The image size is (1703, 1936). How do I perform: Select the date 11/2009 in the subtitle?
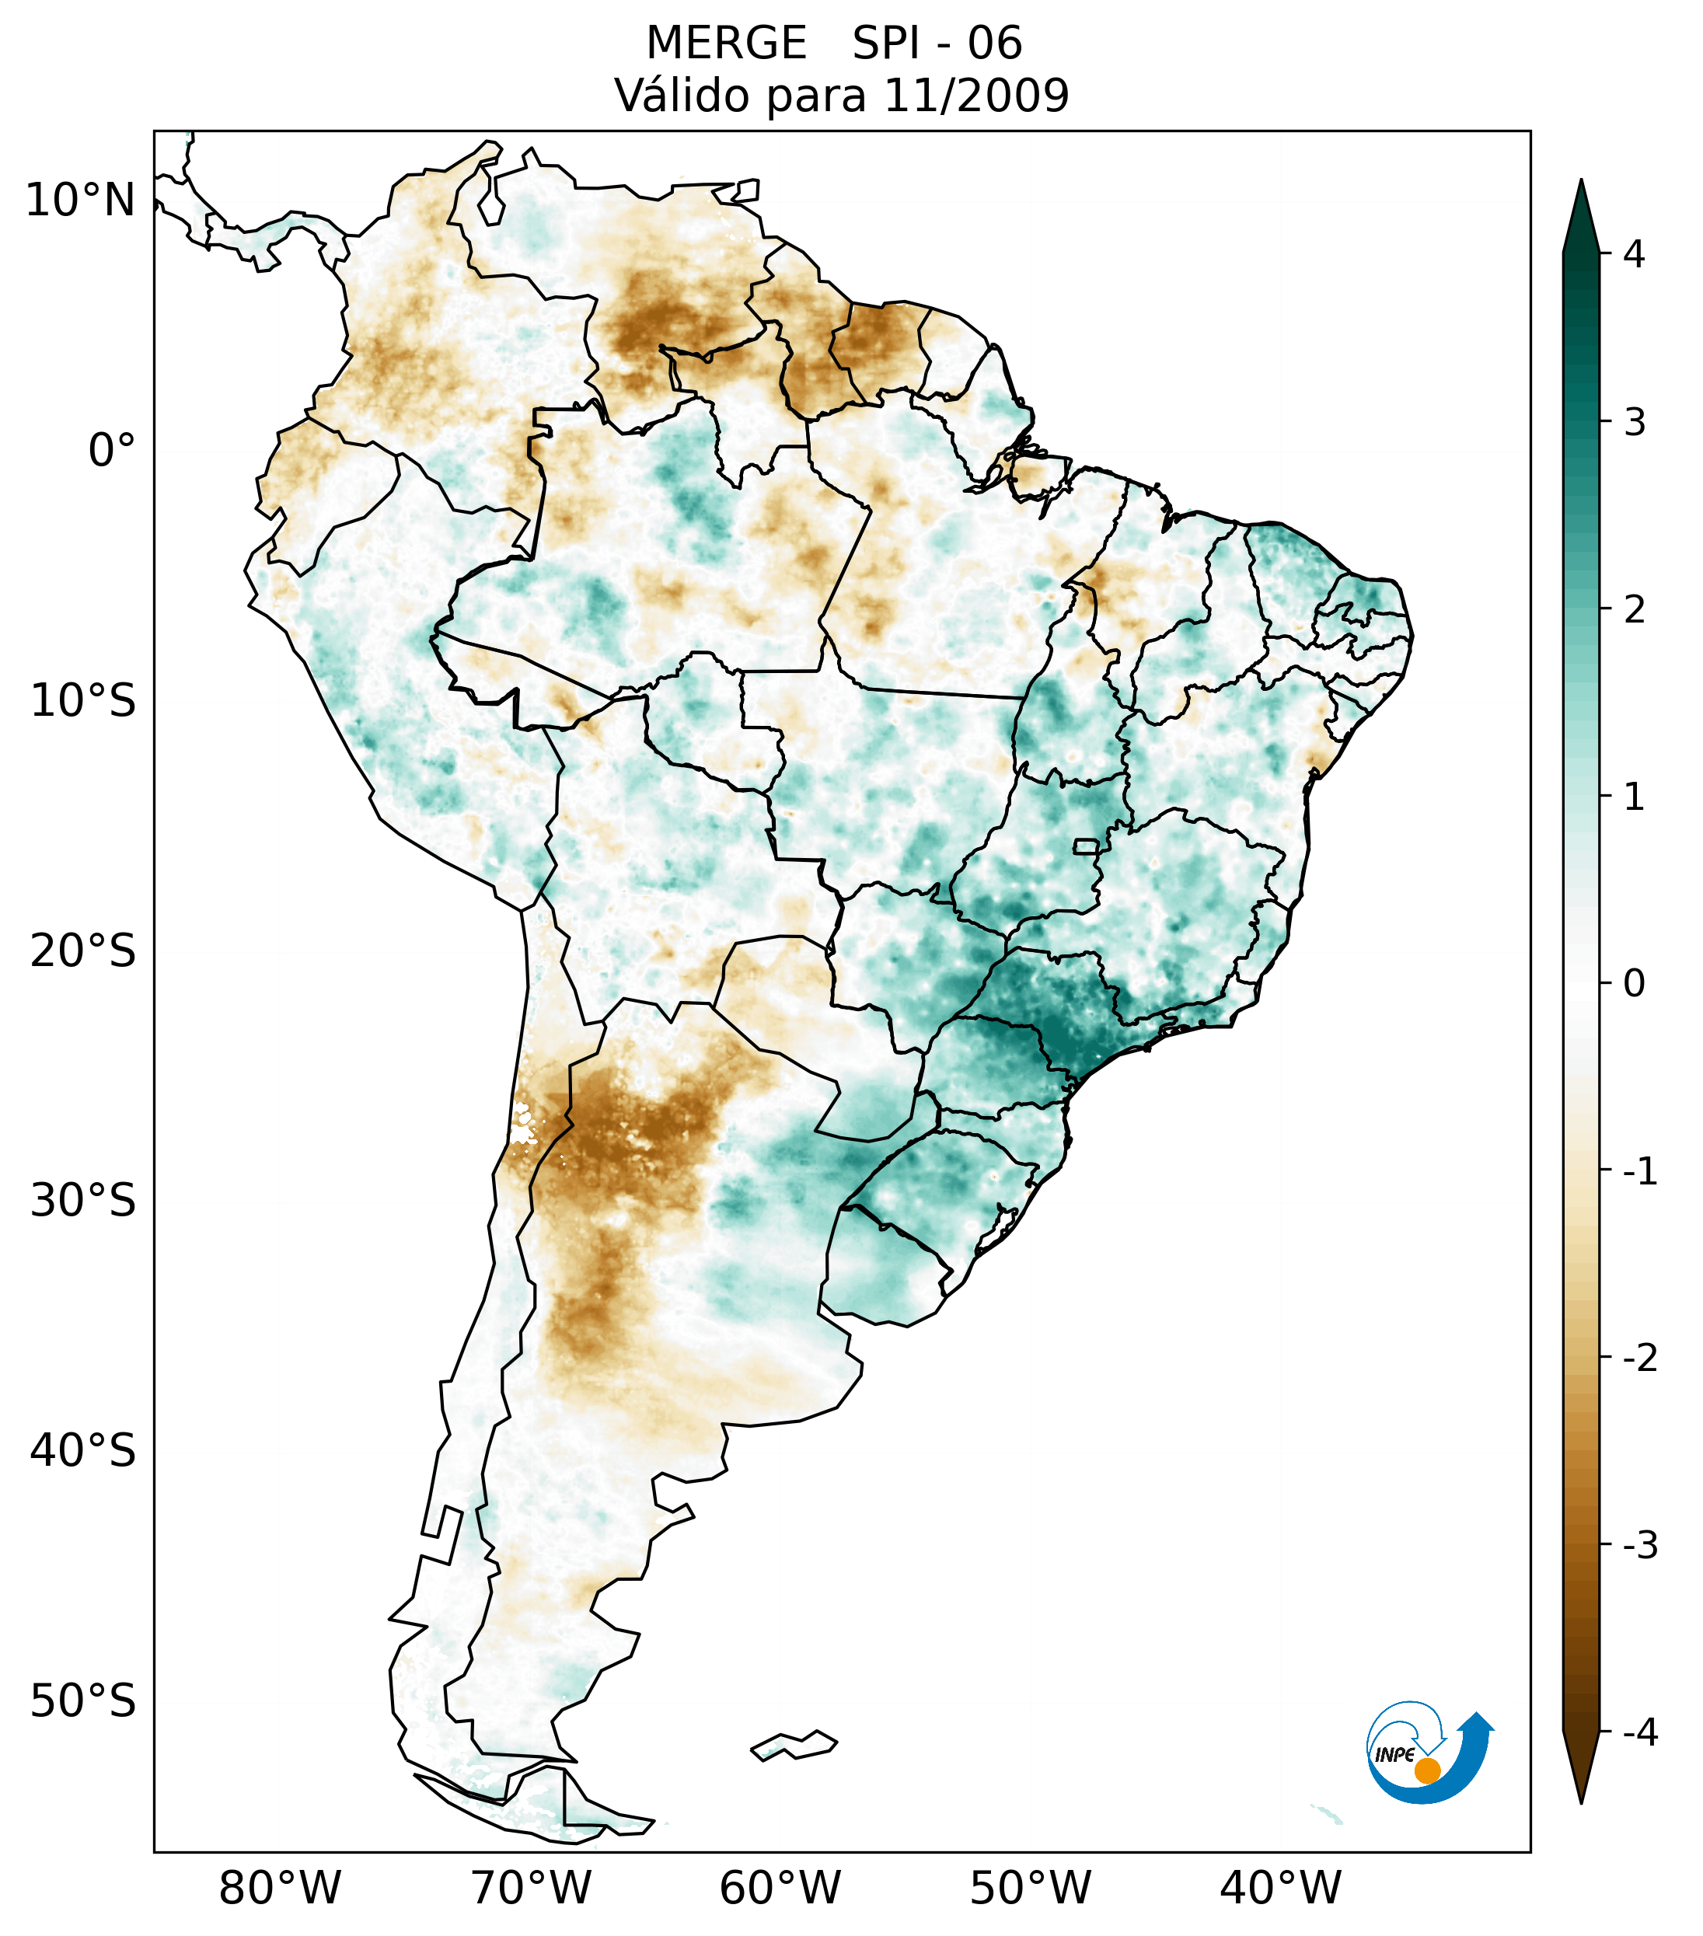point(975,96)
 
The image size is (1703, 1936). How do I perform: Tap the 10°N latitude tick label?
point(79,201)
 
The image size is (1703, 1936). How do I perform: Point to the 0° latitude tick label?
point(111,451)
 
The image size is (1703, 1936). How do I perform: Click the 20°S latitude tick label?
point(82,951)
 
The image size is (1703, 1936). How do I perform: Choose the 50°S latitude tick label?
point(82,1702)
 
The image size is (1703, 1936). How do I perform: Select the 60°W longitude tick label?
point(780,1889)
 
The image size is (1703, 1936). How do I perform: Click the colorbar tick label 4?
point(1634,254)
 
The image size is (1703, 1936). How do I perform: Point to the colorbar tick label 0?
point(1634,984)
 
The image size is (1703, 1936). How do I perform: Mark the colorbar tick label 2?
point(1634,610)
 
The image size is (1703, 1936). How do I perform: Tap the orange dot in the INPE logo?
point(1426,1770)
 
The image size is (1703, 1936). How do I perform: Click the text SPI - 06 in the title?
point(937,44)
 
